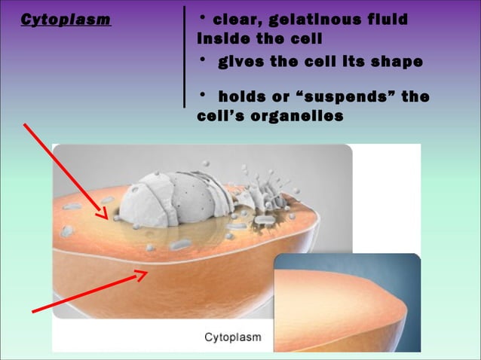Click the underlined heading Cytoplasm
[65, 20]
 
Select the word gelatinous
[313, 18]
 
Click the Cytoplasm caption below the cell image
[233, 337]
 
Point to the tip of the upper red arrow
[107, 216]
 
